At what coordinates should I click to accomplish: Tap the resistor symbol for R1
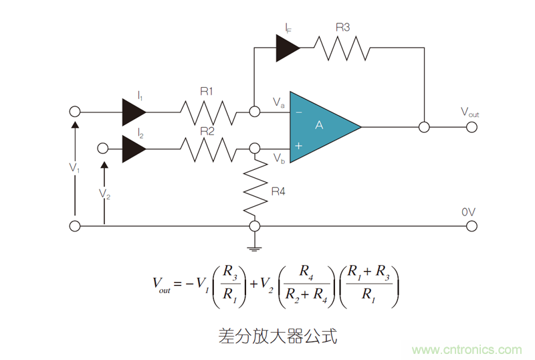(208, 112)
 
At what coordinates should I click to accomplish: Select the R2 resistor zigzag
(208, 149)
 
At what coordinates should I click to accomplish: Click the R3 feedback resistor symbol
(342, 48)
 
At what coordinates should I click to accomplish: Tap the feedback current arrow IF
(288, 48)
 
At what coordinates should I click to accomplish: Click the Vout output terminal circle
(471, 126)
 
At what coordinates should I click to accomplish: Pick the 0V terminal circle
(471, 226)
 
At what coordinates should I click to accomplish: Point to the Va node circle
(254, 112)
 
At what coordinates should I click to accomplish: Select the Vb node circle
(254, 149)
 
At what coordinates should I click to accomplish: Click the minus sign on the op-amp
(298, 112)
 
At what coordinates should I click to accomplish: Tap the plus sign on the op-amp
(298, 145)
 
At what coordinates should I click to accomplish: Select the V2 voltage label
(104, 193)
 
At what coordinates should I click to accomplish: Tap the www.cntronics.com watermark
(467, 350)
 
